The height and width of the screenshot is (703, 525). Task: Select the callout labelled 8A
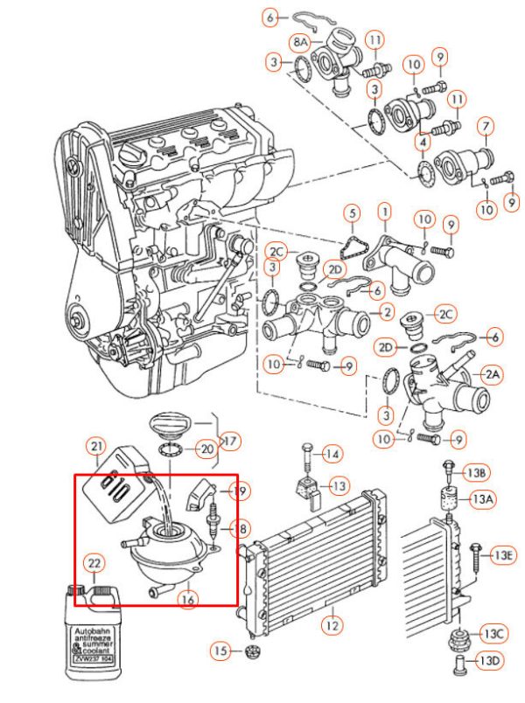click(301, 41)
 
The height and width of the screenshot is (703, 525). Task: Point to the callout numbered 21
click(95, 447)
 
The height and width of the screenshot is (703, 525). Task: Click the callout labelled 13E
click(502, 553)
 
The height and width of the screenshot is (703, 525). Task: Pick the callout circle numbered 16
click(185, 599)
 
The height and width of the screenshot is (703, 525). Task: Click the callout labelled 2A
click(492, 373)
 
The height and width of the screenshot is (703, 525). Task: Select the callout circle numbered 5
click(352, 212)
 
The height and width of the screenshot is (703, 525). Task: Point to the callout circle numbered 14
click(333, 454)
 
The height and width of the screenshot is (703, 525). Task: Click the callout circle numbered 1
click(383, 212)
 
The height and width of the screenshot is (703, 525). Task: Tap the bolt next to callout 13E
click(475, 554)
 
